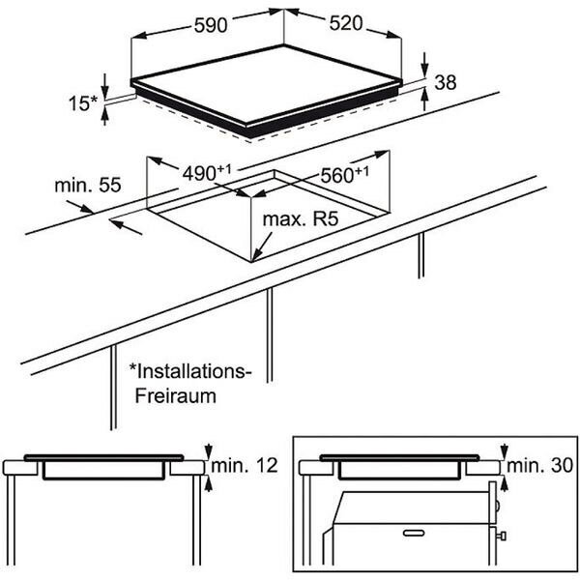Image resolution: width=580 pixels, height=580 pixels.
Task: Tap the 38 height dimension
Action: tap(446, 84)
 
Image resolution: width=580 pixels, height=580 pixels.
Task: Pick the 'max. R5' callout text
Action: tap(299, 221)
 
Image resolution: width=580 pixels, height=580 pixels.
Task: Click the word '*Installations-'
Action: tap(191, 371)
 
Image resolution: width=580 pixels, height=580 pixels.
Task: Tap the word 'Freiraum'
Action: tap(175, 396)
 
